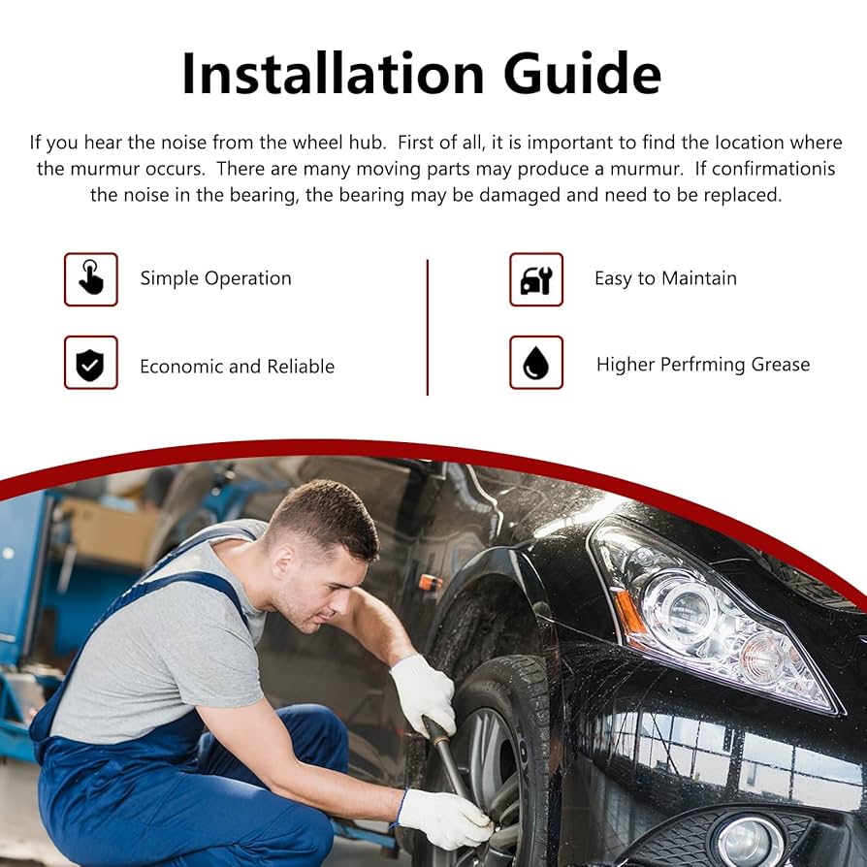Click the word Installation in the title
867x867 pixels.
pos(333,74)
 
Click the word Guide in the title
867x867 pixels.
pos(582,74)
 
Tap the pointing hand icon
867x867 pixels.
pos(91,279)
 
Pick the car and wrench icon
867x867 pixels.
pos(536,279)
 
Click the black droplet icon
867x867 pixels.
pos(536,363)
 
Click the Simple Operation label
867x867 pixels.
pos(215,278)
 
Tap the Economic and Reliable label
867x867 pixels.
pos(238,367)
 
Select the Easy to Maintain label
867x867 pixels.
pos(665,278)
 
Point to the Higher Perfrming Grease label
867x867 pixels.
pos(703,365)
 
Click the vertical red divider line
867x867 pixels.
pos(428,328)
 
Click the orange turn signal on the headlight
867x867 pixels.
pos(627,614)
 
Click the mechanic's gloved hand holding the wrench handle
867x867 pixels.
pos(425,694)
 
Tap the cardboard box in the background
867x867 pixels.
pos(109,530)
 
